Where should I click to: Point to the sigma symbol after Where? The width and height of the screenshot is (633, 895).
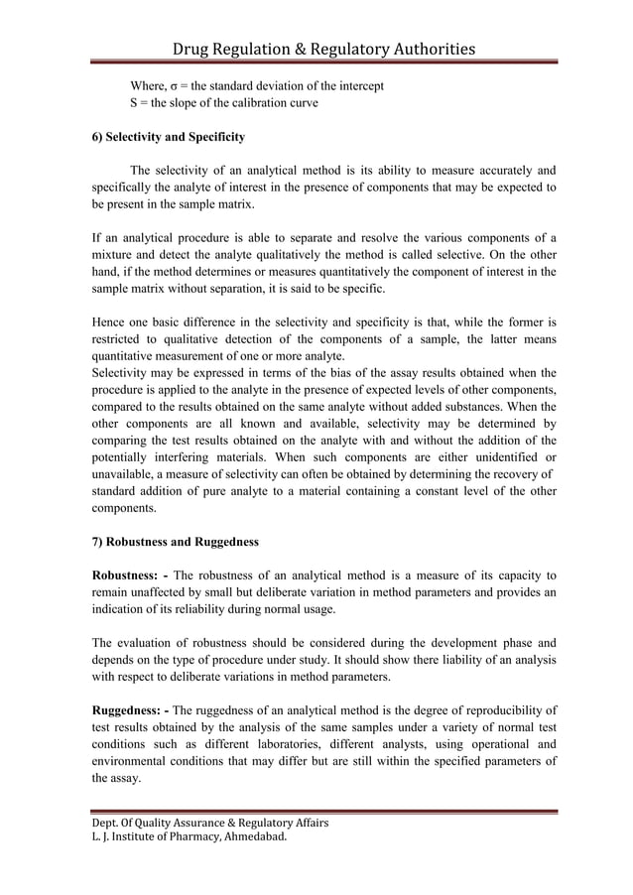point(176,85)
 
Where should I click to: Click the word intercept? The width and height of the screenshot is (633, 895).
point(358,85)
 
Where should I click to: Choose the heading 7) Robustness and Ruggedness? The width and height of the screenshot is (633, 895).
point(175,542)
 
